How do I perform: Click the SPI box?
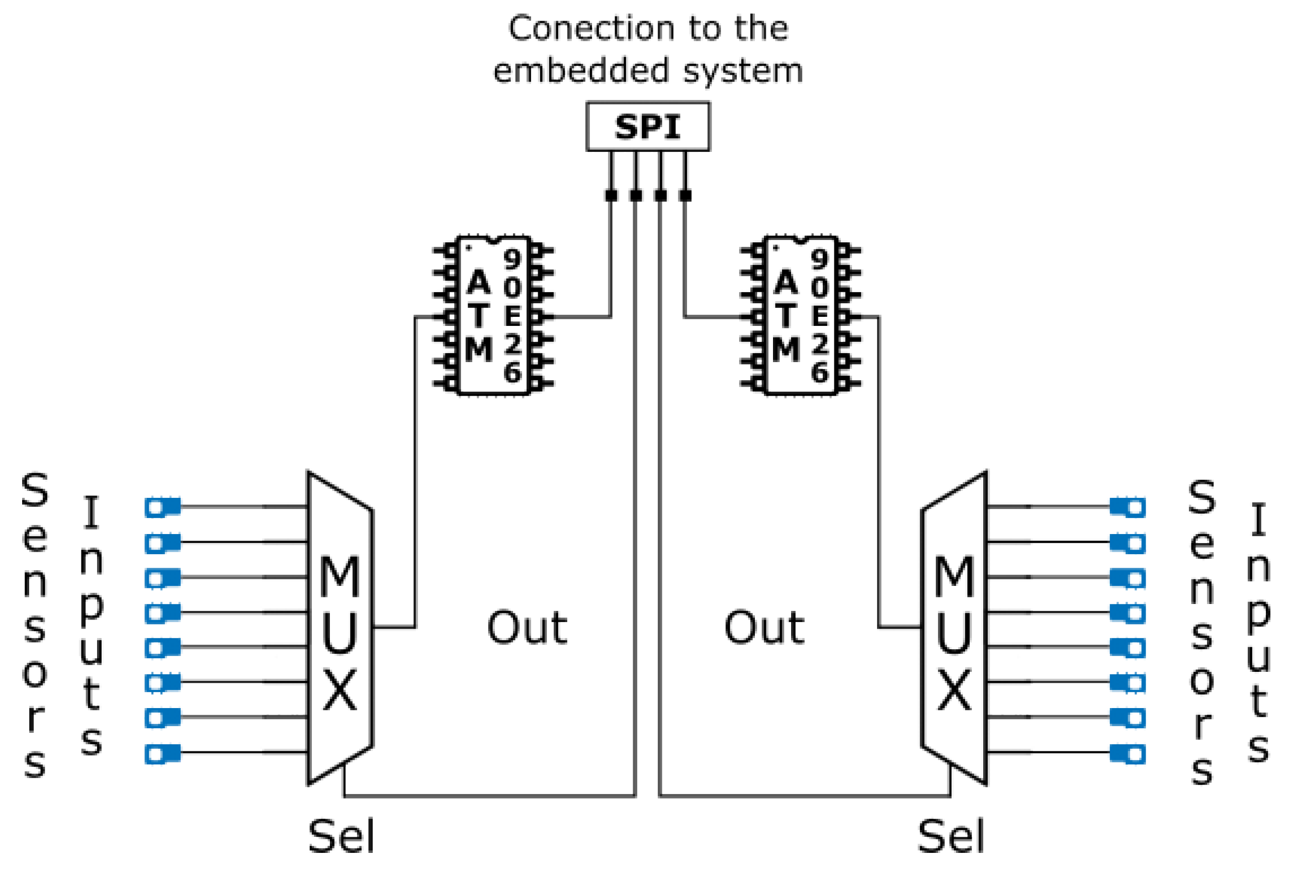(647, 127)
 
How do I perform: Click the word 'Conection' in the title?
(589, 28)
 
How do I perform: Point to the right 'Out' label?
(764, 628)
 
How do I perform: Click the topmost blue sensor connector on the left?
(162, 507)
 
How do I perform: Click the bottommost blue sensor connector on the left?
(162, 753)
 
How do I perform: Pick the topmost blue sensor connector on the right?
(1128, 507)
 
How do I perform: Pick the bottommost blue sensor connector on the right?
(1128, 753)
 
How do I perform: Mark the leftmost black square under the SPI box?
(611, 196)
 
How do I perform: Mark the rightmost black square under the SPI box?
(685, 196)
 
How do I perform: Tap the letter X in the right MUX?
(955, 690)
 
